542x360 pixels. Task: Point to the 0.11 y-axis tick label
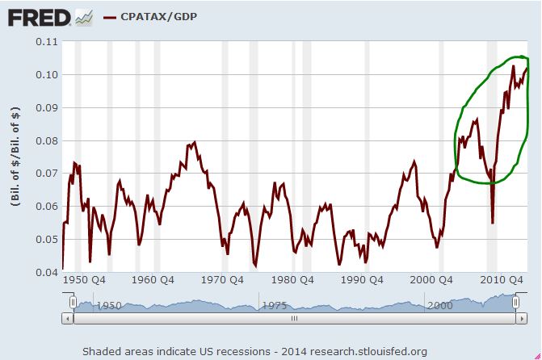click(47, 41)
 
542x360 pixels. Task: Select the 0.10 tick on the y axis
click(47, 74)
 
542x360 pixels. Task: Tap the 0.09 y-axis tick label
click(47, 107)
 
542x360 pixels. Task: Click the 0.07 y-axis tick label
click(47, 174)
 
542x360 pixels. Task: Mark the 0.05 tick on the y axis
click(47, 240)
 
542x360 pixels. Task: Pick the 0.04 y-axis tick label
click(47, 273)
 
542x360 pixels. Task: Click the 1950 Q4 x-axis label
click(83, 282)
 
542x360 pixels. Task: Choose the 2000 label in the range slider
click(440, 306)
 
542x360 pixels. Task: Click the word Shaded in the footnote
click(103, 350)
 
